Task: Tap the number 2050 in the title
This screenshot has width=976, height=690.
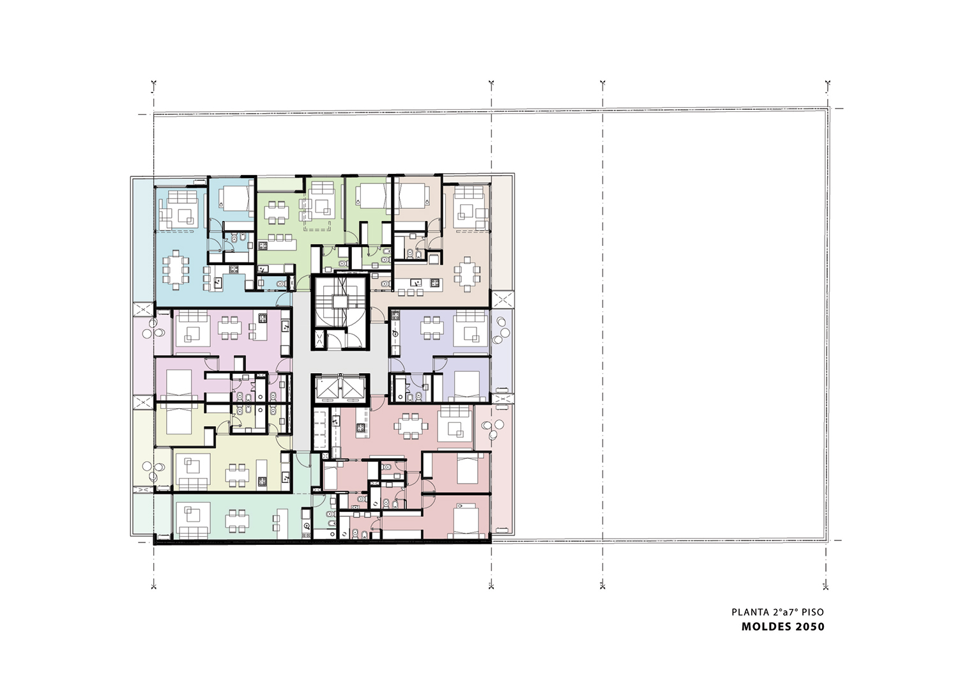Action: point(810,627)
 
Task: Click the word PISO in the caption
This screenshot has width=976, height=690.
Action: point(813,612)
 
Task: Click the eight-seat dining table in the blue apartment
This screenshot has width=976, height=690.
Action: point(176,270)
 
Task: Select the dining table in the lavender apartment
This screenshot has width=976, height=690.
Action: point(431,328)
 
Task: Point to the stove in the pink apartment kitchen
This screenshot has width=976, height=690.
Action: point(263,318)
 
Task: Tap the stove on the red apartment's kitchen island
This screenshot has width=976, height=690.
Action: point(361,427)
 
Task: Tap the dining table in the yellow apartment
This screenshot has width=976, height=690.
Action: point(237,475)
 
